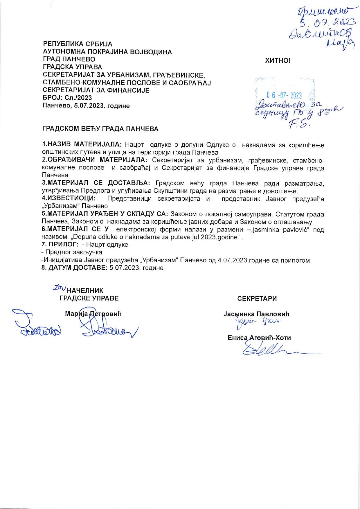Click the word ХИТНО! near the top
(x=278, y=61)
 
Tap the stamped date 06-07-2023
(x=284, y=95)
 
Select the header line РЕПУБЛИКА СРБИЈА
(x=78, y=44)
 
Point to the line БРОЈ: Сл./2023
(x=67, y=98)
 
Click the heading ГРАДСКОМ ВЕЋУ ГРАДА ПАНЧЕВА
(x=100, y=129)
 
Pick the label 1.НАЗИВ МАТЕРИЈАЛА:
(x=83, y=144)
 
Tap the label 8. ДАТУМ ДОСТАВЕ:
(x=75, y=268)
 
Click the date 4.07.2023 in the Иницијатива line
(x=231, y=260)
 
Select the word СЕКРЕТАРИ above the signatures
(x=257, y=298)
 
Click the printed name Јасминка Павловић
(x=256, y=314)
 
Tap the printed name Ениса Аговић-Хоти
(x=259, y=338)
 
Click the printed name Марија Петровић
(x=93, y=314)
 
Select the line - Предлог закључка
(x=72, y=252)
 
